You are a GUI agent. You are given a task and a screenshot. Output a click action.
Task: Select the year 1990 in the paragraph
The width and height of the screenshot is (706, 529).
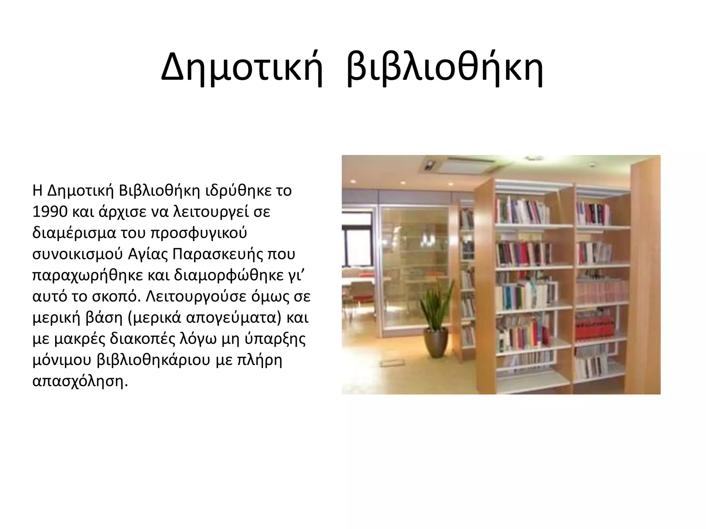(x=50, y=212)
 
